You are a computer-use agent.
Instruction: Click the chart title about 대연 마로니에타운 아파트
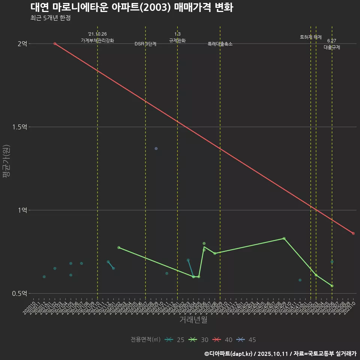[x=132, y=7]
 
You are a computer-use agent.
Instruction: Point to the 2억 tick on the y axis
[x=22, y=43]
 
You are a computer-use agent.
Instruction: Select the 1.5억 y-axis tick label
[x=19, y=127]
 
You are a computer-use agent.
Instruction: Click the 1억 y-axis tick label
[x=22, y=210]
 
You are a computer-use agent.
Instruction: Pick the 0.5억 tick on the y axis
[x=19, y=293]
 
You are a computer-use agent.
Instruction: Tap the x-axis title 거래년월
[x=193, y=320]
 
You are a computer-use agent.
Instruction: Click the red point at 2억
[x=55, y=43]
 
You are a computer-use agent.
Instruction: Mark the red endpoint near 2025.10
[x=353, y=233]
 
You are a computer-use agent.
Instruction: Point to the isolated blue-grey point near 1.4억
[x=156, y=148]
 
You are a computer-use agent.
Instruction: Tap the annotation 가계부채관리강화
[x=97, y=40]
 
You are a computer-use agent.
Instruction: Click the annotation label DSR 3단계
[x=145, y=44]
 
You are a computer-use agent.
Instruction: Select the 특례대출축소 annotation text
[x=220, y=44]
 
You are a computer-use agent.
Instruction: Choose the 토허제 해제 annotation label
[x=311, y=37]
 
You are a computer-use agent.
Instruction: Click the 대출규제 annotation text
[x=332, y=47]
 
